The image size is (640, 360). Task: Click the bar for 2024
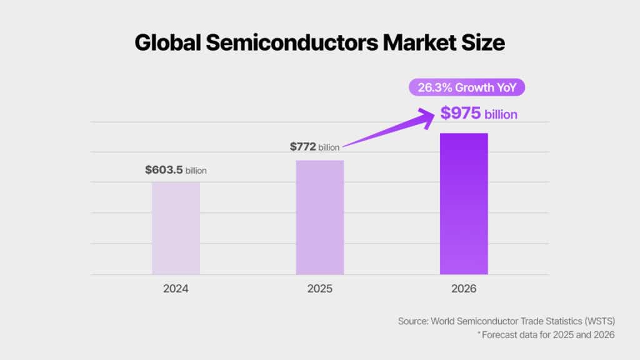click(x=176, y=228)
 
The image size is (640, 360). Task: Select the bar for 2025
click(x=319, y=217)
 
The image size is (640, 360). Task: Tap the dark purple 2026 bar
click(x=464, y=204)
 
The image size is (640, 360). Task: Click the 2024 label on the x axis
click(x=176, y=290)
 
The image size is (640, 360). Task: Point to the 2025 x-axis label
click(x=320, y=290)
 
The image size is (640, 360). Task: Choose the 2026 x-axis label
click(x=464, y=290)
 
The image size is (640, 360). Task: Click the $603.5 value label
click(x=164, y=169)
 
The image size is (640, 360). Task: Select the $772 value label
click(x=303, y=147)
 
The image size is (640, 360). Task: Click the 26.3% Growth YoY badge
click(x=467, y=87)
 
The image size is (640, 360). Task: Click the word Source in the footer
click(x=412, y=321)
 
